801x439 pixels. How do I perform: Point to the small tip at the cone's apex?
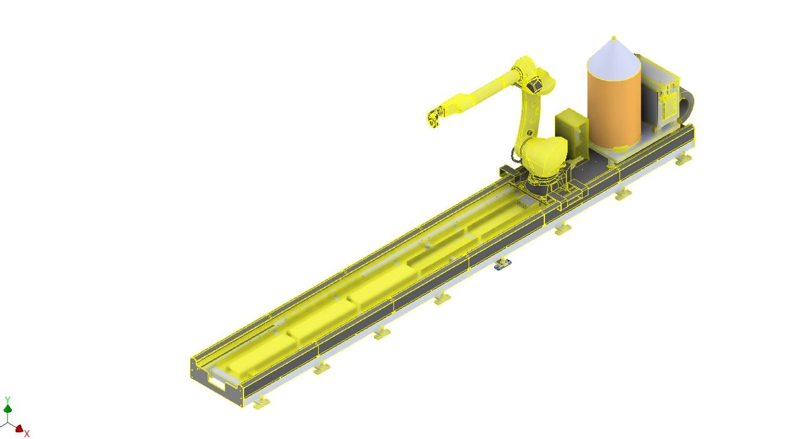click(x=614, y=38)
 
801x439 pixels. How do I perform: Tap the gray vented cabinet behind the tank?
click(x=660, y=94)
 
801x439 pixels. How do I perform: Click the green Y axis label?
click(x=8, y=400)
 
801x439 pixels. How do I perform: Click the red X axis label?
click(x=27, y=434)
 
